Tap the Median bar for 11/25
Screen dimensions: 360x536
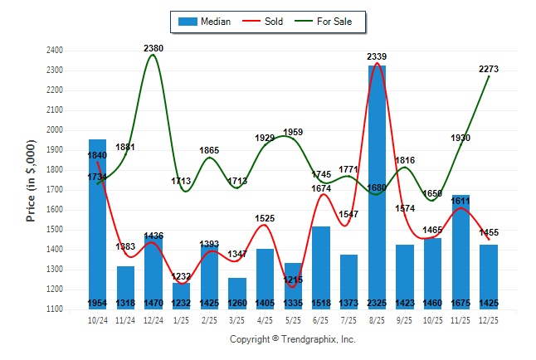[x=460, y=252]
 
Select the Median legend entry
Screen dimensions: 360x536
[x=205, y=22]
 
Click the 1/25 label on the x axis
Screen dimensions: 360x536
[x=181, y=320]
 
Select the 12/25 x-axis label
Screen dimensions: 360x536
[x=489, y=320]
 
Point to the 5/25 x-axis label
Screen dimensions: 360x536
[x=293, y=320]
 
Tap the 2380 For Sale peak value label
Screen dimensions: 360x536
[x=153, y=48]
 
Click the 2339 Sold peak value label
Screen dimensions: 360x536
[x=377, y=56]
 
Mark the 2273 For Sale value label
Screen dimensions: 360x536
[x=489, y=69]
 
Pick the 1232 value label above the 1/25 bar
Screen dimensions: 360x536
[x=181, y=276]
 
